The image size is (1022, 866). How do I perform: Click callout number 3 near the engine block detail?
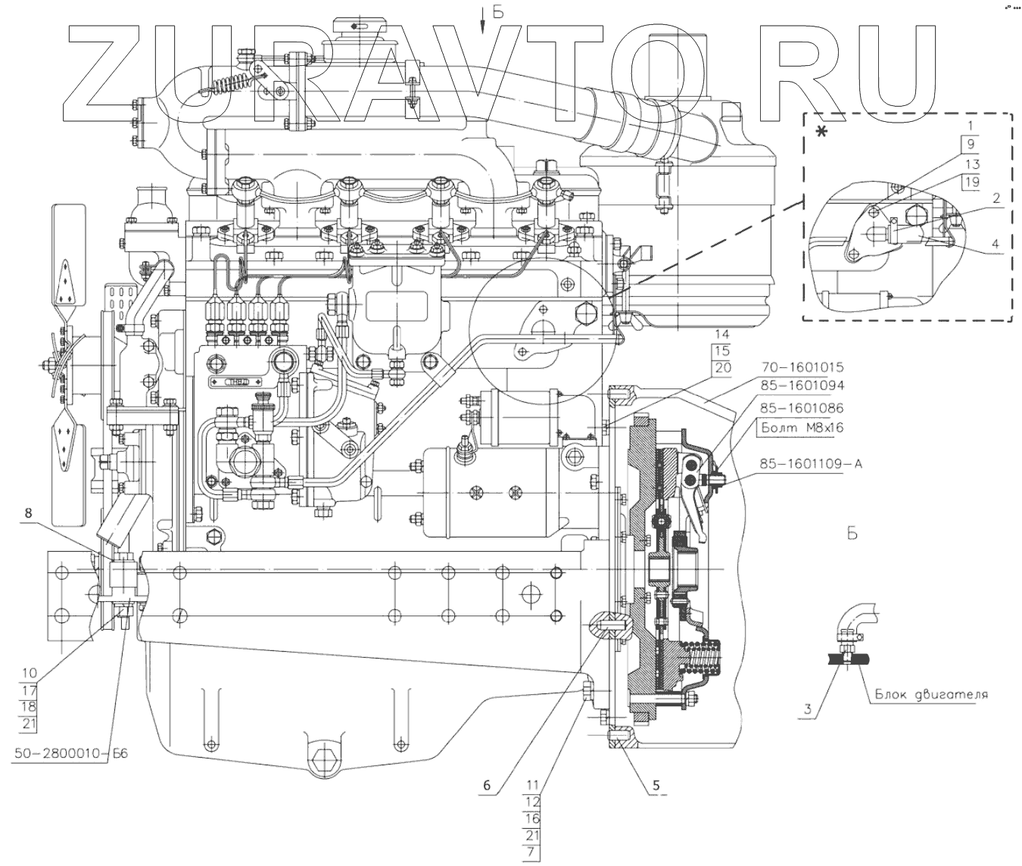[x=808, y=709]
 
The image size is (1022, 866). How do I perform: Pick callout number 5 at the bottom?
[x=656, y=785]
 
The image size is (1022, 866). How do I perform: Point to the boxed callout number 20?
[x=721, y=368]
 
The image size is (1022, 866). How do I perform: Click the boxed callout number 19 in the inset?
[x=972, y=181]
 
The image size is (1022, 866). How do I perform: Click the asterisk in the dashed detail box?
[x=821, y=132]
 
